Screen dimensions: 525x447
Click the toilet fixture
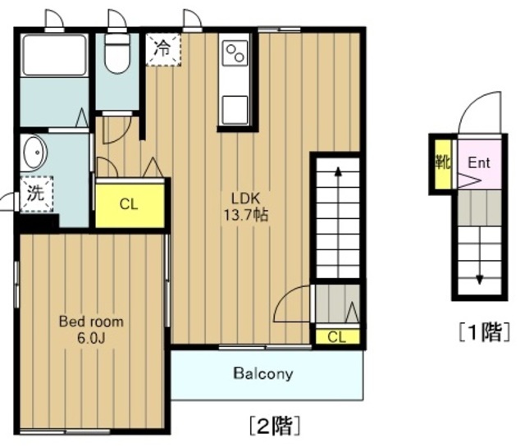coord(116,53)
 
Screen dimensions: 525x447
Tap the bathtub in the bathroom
coord(54,55)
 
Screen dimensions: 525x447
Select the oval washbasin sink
coord(34,153)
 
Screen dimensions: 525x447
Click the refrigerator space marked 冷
coord(163,49)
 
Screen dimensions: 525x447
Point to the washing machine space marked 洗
coord(36,194)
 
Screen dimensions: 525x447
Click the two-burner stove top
coord(235,53)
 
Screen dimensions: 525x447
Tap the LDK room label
coord(245,198)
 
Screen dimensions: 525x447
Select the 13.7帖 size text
coord(245,215)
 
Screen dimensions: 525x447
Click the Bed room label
coord(91,322)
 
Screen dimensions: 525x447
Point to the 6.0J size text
coord(91,338)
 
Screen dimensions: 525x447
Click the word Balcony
coord(263,373)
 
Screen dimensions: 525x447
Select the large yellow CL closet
coord(130,205)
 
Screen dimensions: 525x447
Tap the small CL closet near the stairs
coord(337,337)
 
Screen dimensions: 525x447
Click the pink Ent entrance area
coord(479,164)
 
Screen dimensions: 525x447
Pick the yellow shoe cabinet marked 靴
coord(443,164)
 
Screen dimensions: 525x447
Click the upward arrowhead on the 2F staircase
coord(338,171)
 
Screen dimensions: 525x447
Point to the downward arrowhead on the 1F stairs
coord(479,279)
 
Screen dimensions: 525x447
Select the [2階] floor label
coord(275,425)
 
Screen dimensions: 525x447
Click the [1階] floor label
coord(485,332)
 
